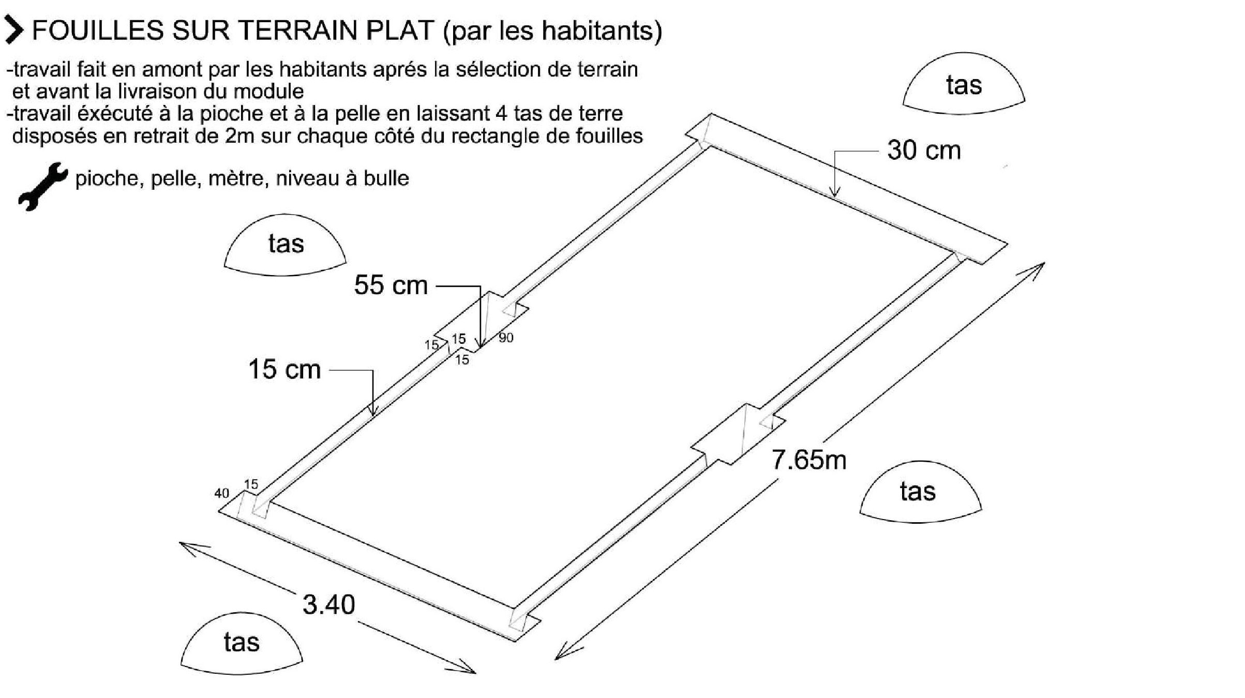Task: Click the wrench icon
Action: coord(42,186)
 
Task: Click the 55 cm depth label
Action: coord(391,285)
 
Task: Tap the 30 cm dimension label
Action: coord(924,150)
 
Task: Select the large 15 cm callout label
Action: coord(284,369)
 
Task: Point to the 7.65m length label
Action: coord(809,460)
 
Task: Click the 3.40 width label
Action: coord(329,604)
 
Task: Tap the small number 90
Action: coord(506,338)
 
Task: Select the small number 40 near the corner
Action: coord(221,493)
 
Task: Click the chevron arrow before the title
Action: coord(14,30)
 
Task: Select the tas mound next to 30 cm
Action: coord(964,84)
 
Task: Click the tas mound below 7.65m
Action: coord(920,492)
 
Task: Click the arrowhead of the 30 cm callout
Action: coord(834,192)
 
